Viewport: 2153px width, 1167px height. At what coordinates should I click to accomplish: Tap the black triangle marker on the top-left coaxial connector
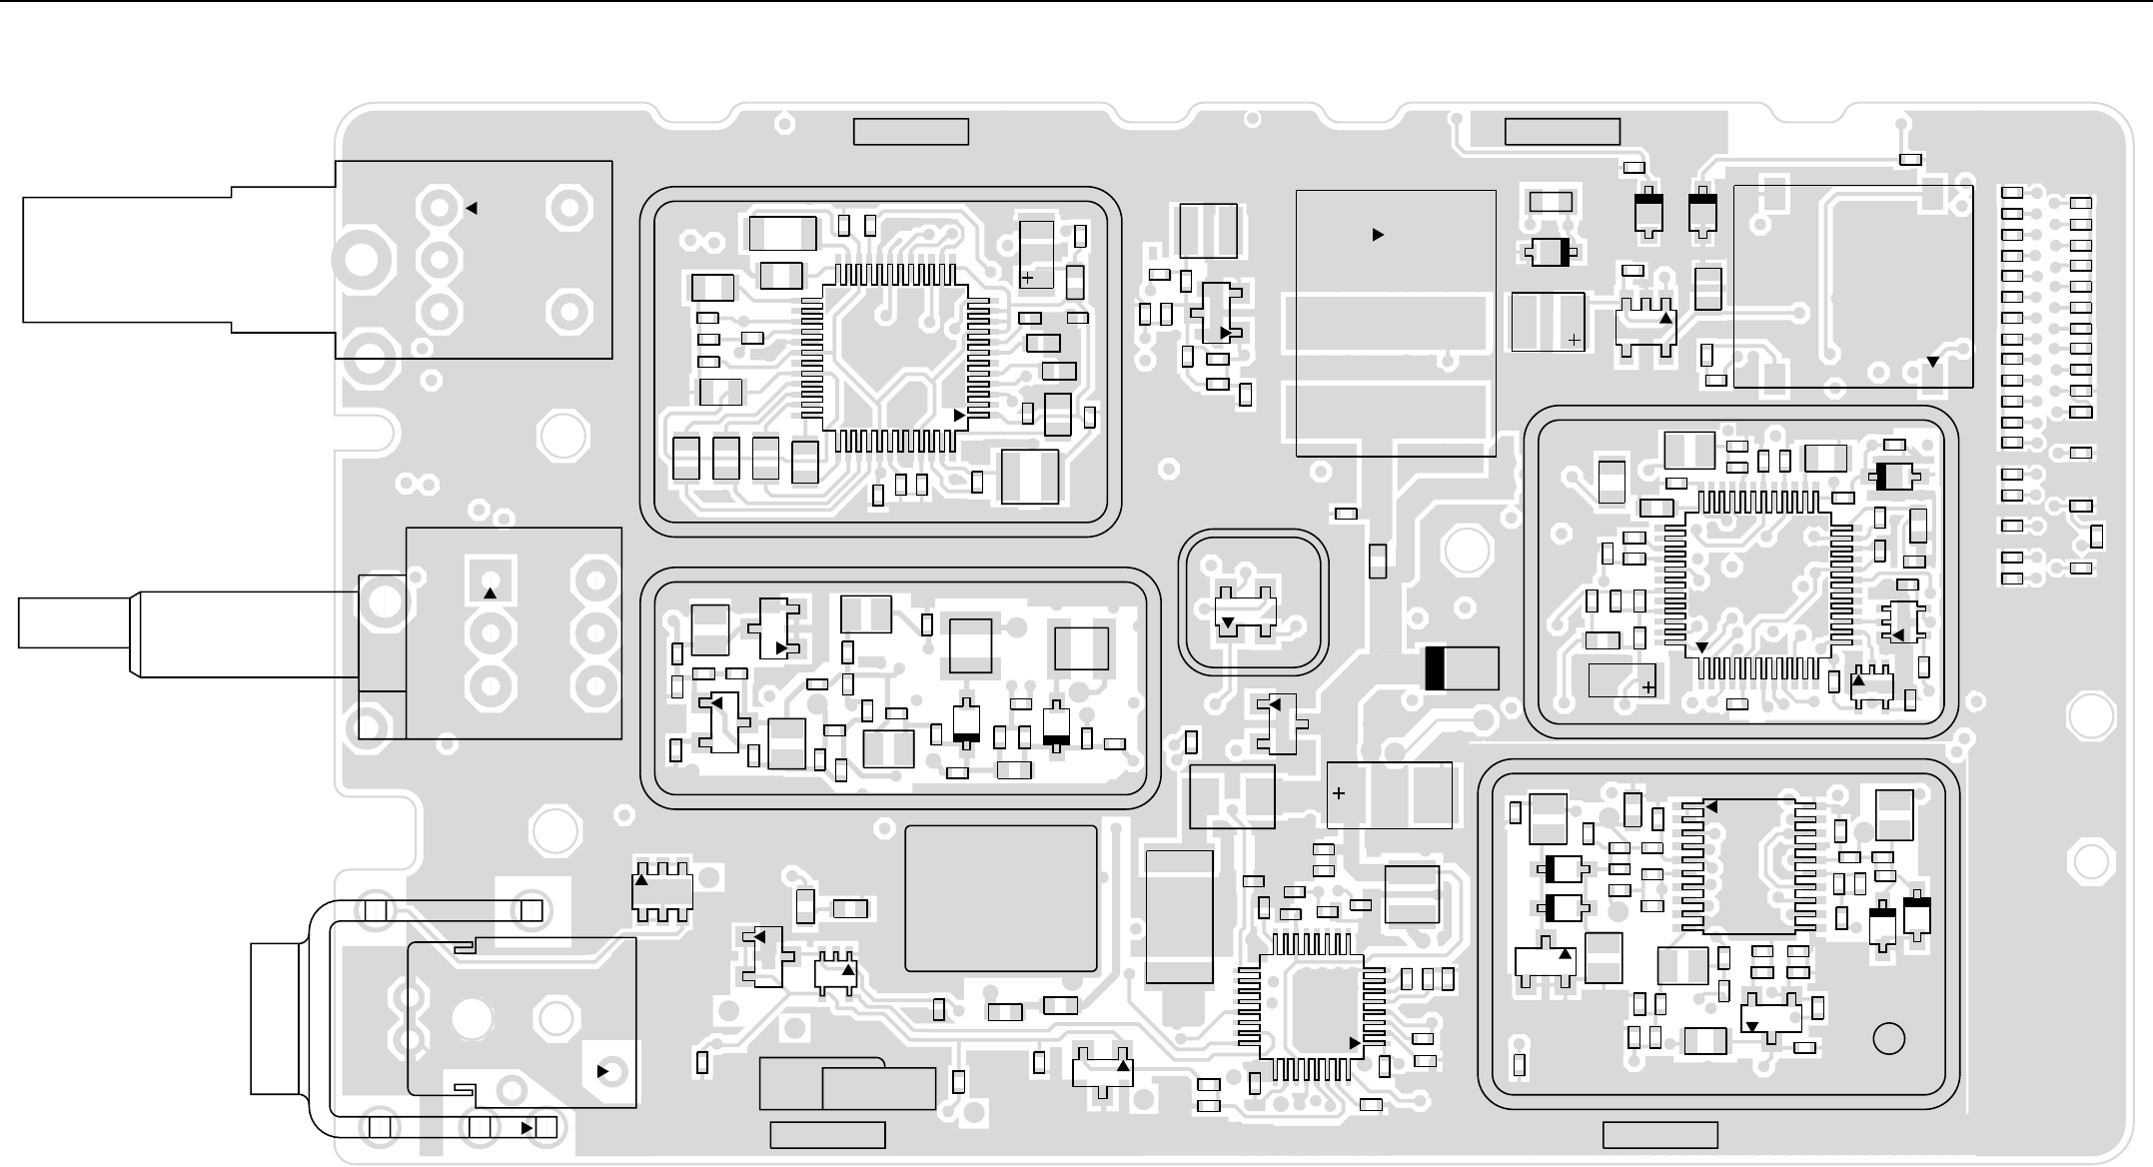click(x=472, y=209)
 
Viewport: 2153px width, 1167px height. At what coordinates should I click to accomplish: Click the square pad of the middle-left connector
click(x=490, y=581)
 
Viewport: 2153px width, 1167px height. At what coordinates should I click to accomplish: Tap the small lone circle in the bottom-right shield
click(x=1888, y=1039)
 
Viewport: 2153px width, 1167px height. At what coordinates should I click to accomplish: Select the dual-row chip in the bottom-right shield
click(x=1748, y=866)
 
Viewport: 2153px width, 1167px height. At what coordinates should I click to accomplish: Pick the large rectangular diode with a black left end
click(x=1462, y=668)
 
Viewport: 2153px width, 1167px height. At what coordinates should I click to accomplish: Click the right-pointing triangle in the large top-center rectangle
click(x=1378, y=235)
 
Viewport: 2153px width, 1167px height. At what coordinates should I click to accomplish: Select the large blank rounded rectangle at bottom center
click(x=1000, y=898)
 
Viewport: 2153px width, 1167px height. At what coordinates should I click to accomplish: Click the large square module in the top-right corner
click(x=1852, y=287)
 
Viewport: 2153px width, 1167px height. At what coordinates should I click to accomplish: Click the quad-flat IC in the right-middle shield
click(x=1757, y=583)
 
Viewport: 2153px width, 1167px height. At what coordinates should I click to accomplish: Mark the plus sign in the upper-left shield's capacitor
click(x=1027, y=279)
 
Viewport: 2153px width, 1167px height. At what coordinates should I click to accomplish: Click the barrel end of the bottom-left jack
click(x=275, y=1018)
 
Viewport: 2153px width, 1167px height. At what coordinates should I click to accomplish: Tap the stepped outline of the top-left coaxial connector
click(x=180, y=260)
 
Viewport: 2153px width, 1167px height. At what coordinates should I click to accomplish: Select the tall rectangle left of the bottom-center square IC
click(x=1179, y=916)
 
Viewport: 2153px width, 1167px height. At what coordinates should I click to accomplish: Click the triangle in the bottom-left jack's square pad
click(x=602, y=1071)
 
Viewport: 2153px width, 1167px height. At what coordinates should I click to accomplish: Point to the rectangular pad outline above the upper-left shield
click(x=910, y=132)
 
